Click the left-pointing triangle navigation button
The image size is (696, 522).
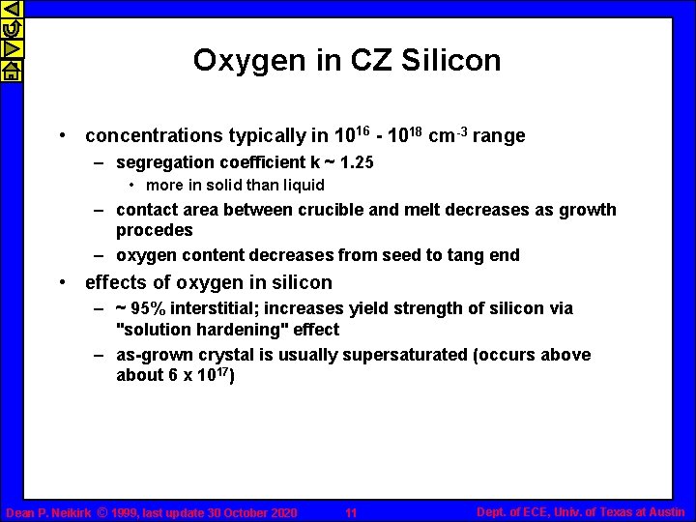point(11,11)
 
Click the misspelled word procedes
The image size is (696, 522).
point(155,230)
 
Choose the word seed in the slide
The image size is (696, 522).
point(415,255)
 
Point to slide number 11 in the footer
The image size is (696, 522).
point(351,512)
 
